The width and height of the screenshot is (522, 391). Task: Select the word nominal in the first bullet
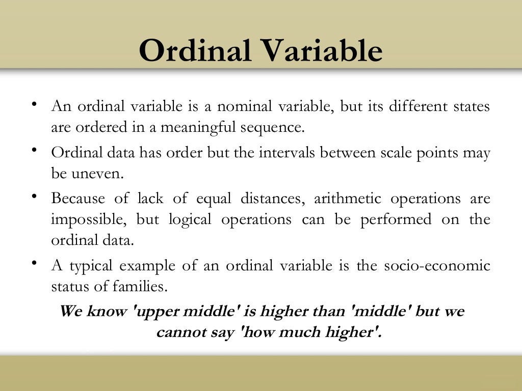tap(245, 107)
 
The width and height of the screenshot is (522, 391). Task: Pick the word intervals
tap(289, 153)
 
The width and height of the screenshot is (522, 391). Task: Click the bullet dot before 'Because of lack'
tap(34, 196)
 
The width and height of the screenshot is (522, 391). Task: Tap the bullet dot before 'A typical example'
tap(34, 263)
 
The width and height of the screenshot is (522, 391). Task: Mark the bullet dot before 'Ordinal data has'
tap(34, 150)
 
